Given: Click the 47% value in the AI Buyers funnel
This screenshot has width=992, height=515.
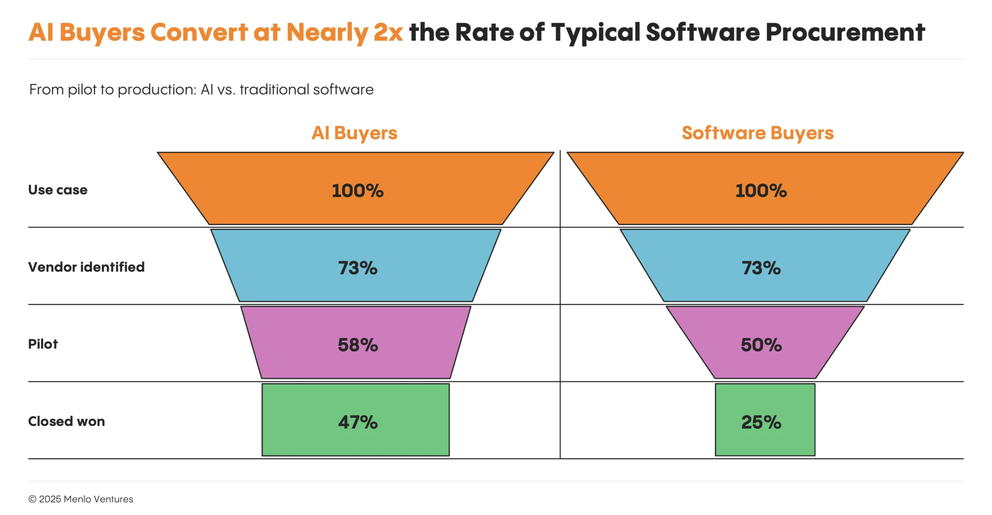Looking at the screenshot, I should tap(358, 422).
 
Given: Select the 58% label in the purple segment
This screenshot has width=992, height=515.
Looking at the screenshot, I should tap(358, 345).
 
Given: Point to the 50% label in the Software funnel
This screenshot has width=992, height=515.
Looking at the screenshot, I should tap(761, 345).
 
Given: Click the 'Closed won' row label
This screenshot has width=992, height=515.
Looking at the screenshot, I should tap(66, 421).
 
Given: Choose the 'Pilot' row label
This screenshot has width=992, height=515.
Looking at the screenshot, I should tap(43, 344).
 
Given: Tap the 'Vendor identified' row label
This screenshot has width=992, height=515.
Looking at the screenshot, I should tap(86, 267).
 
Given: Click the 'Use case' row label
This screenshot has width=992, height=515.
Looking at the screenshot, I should tap(58, 190).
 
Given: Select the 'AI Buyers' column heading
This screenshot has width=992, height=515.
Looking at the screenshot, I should tap(354, 133).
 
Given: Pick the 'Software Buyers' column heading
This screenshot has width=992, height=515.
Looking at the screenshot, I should tap(758, 133).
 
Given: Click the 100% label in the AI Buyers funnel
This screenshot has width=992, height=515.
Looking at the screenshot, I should tap(358, 191).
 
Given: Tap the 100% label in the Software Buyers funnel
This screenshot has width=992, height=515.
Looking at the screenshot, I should tap(761, 191).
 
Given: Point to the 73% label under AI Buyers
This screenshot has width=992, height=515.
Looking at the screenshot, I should tap(358, 268).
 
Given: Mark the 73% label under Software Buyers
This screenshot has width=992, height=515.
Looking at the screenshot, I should tap(761, 268).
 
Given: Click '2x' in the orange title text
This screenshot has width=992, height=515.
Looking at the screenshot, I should tap(388, 32).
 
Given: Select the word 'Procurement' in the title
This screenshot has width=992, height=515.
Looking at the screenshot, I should tap(845, 32).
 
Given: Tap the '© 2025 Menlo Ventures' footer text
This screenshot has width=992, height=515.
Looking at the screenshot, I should tap(81, 499).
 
